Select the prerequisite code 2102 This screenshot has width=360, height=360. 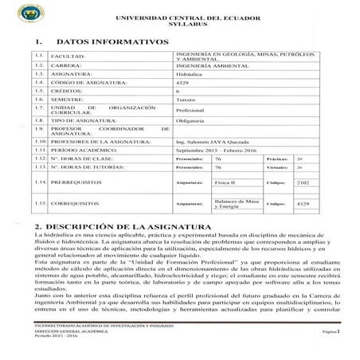coord(302,205)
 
